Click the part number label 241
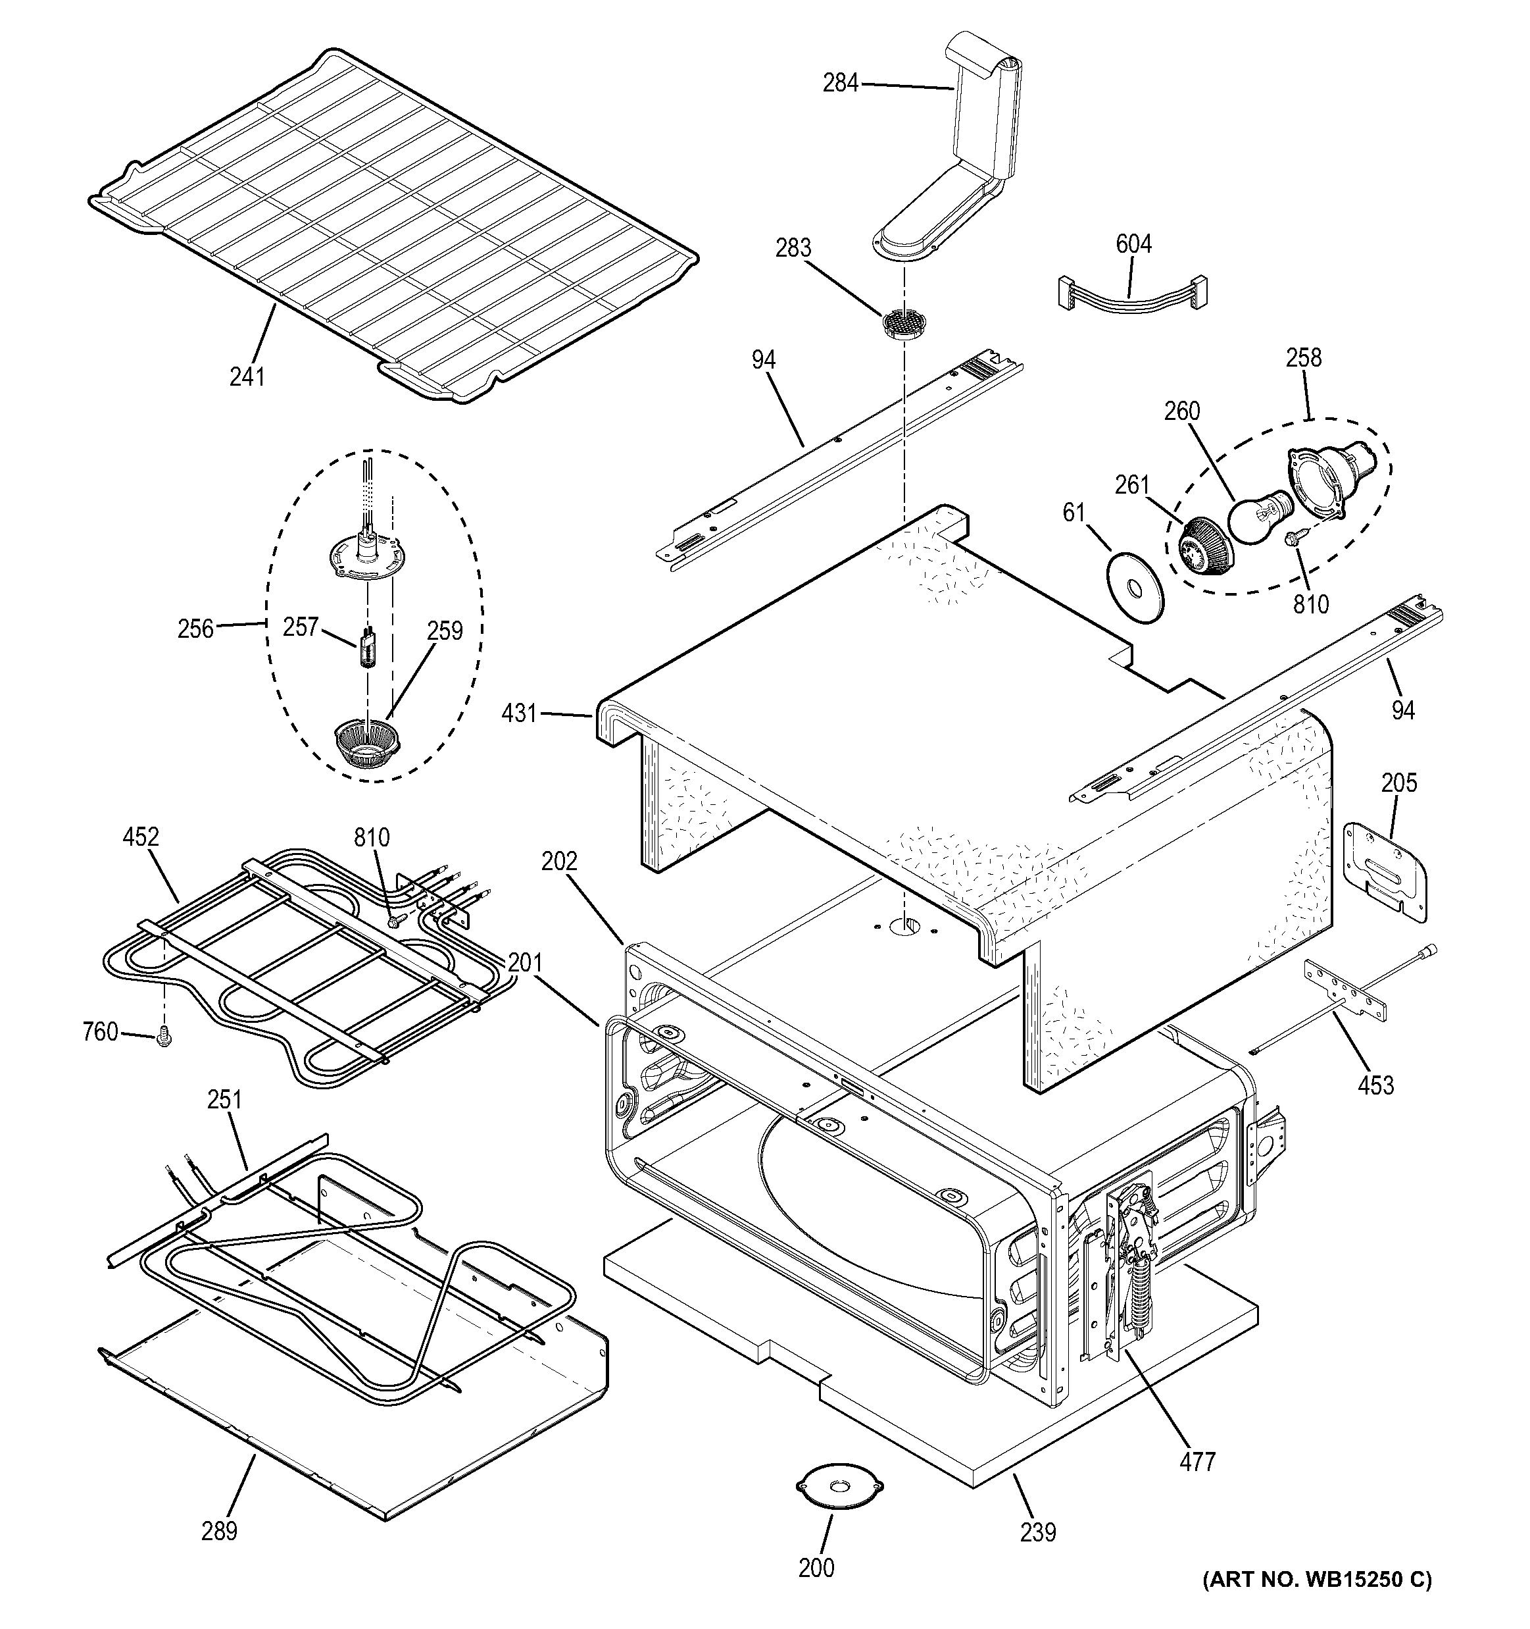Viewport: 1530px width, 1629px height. tap(247, 377)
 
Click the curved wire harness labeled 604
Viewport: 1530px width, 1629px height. tap(1129, 294)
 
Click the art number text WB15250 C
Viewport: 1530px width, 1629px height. tap(1318, 1602)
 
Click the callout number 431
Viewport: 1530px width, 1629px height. tap(519, 713)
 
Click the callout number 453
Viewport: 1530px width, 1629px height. tap(1375, 1085)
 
